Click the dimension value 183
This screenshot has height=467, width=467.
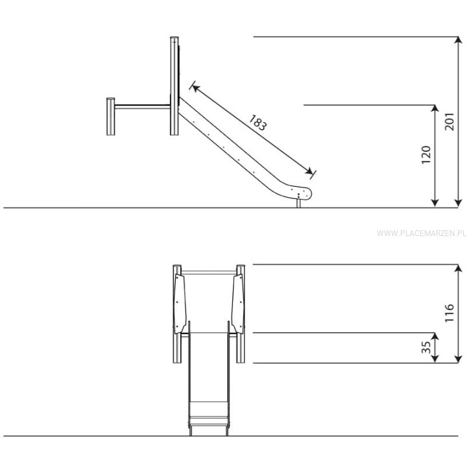click(258, 123)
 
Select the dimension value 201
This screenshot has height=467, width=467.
click(449, 121)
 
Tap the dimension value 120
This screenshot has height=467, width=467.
click(426, 154)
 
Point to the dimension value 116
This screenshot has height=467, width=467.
click(449, 313)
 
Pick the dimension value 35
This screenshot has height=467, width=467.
click(426, 347)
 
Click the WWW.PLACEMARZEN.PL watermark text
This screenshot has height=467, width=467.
click(422, 233)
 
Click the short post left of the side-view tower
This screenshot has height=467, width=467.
click(110, 117)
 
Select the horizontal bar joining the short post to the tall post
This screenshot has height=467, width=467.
click(142, 106)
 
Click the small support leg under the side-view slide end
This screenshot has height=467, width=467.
click(299, 204)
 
